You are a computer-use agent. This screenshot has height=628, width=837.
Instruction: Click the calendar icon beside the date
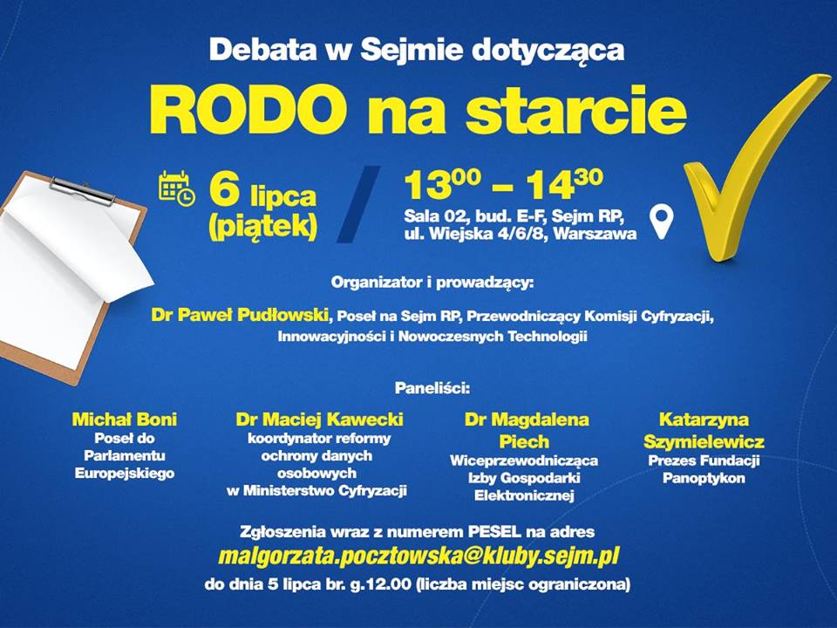tap(177, 188)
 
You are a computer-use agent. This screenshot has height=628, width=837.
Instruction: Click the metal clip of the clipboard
tap(83, 189)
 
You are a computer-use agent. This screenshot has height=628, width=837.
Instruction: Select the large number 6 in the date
tap(224, 191)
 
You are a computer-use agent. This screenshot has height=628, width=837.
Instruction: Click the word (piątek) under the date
tap(263, 227)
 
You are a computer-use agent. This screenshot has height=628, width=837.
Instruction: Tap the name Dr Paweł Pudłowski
tap(240, 315)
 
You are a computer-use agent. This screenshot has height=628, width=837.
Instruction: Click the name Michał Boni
tap(125, 420)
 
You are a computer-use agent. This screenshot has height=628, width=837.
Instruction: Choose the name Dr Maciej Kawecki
tap(319, 420)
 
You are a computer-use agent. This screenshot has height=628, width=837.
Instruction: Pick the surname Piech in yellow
tap(524, 441)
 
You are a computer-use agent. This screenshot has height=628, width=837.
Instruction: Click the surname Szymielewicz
tap(704, 441)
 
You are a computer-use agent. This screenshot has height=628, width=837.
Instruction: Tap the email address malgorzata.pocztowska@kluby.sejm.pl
tap(418, 556)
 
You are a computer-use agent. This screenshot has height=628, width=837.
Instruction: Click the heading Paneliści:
tap(432, 387)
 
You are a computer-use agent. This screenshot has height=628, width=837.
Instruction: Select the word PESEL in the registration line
tap(495, 532)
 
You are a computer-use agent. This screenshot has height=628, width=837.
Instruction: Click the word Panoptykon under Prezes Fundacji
tap(704, 478)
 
